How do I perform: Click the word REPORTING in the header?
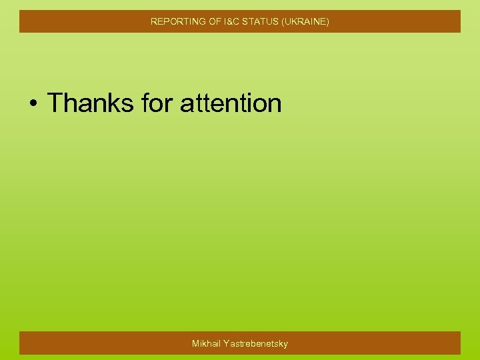174,21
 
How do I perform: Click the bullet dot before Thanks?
33,104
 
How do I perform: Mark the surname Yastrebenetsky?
257,343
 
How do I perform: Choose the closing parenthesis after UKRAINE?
327,21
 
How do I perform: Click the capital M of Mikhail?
196,343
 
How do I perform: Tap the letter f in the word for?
145,103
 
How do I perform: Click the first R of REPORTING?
154,21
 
